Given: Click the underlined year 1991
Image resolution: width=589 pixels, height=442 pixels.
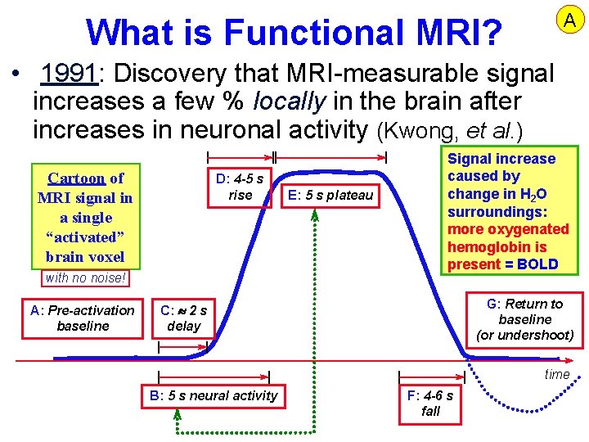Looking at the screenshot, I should (70, 74).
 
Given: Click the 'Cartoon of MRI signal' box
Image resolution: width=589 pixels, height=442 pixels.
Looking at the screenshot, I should (85, 217).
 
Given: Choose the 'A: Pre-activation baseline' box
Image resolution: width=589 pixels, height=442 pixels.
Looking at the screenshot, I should (82, 318).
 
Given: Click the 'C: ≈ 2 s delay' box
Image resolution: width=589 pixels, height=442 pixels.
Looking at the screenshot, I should (183, 318).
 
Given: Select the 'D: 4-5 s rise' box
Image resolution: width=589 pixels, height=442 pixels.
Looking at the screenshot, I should (240, 187).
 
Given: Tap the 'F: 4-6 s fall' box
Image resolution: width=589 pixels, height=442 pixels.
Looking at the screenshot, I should (430, 403).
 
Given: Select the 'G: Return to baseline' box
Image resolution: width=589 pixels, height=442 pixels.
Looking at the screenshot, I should (524, 319).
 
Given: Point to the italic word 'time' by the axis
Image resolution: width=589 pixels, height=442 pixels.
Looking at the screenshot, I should (556, 374).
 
